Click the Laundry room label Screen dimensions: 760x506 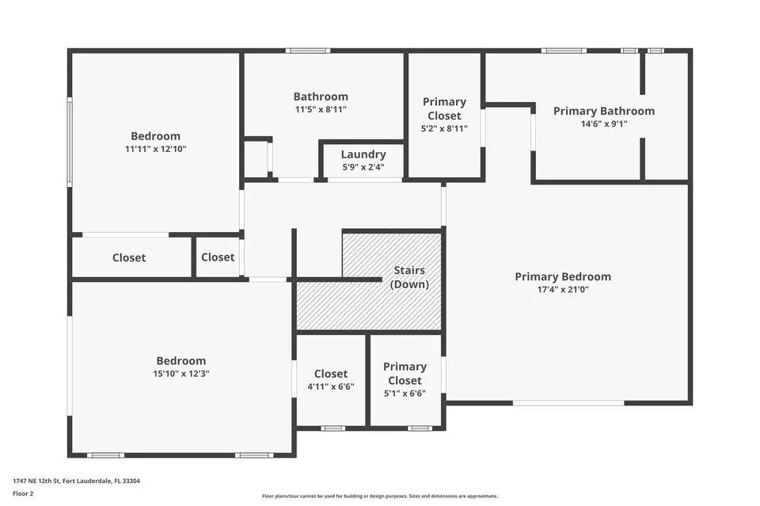click(x=363, y=154)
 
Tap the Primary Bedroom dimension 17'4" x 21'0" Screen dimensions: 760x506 click(x=563, y=289)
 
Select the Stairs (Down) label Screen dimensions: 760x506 click(x=409, y=277)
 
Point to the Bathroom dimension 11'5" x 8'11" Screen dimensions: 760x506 click(x=321, y=109)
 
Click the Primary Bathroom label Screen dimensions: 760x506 click(x=604, y=111)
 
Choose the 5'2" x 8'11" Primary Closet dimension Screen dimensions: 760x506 click(x=444, y=128)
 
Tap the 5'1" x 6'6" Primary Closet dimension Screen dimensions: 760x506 click(x=405, y=393)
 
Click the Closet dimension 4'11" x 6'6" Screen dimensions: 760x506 click(x=331, y=386)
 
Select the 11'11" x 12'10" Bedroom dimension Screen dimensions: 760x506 click(x=156, y=149)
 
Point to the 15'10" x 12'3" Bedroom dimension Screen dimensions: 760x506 click(x=181, y=374)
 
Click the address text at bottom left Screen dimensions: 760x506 click(x=77, y=481)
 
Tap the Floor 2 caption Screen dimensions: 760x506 click(x=23, y=493)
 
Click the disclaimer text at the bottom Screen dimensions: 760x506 click(x=380, y=496)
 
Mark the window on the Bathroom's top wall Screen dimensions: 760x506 click(x=308, y=51)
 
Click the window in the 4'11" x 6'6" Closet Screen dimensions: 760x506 click(x=333, y=428)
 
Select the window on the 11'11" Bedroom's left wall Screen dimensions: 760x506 click(x=70, y=142)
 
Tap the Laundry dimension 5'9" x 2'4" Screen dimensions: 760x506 click(x=363, y=167)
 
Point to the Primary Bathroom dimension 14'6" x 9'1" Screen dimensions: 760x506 click(x=604, y=124)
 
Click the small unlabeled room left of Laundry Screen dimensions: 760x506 click(x=255, y=159)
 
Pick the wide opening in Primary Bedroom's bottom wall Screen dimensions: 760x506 click(x=568, y=403)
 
